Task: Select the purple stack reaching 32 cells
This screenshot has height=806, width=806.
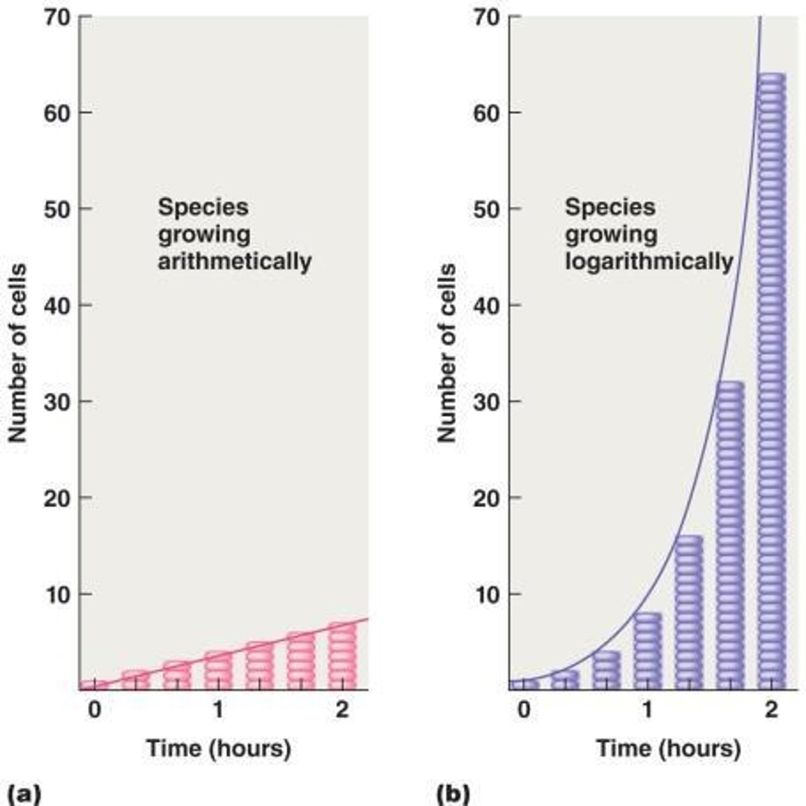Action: [730, 534]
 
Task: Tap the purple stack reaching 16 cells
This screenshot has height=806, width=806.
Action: [688, 611]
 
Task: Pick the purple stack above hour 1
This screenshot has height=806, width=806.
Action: [647, 650]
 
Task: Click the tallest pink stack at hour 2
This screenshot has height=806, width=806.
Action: [342, 656]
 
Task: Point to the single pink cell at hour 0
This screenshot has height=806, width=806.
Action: [94, 684]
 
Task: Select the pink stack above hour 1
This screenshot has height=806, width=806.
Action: [218, 670]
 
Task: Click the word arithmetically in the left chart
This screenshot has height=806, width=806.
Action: [234, 261]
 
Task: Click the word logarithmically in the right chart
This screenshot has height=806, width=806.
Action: [648, 261]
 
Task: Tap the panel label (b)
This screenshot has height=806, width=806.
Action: [453, 793]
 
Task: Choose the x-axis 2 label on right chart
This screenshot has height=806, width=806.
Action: [771, 709]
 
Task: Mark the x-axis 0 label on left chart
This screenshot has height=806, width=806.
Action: [94, 709]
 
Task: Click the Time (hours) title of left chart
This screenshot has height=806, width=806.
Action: [218, 748]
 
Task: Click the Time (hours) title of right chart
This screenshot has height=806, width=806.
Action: [668, 748]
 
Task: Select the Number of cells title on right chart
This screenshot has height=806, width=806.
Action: [447, 353]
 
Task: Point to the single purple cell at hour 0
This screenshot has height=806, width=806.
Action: [524, 684]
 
